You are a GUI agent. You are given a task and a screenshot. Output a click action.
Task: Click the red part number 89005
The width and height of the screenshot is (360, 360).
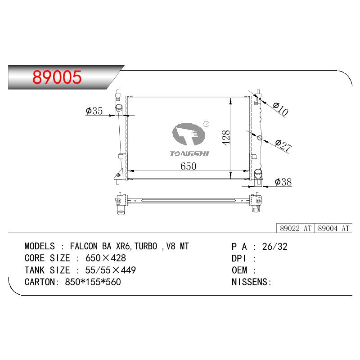pos(57,77)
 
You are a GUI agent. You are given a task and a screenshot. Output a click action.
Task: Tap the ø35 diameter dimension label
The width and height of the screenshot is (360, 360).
pos(94,111)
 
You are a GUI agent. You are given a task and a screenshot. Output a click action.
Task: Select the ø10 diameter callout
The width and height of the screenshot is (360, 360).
pos(280,109)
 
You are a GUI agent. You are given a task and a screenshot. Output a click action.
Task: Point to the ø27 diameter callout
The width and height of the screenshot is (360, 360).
pos(283,145)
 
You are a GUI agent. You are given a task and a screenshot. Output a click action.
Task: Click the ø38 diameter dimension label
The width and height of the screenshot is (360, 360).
pos(283,182)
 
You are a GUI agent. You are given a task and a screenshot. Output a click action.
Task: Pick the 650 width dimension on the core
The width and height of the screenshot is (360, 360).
pos(188,166)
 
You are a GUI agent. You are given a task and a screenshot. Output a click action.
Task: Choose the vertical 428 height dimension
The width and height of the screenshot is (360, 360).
pos(226,138)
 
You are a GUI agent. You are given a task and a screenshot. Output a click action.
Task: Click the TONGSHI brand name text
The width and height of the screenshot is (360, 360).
pos(189,153)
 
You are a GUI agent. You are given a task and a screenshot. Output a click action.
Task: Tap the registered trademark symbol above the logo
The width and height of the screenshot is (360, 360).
pos(207,124)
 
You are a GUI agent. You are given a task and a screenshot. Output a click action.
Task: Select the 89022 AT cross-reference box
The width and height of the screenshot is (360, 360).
pos(296,228)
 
